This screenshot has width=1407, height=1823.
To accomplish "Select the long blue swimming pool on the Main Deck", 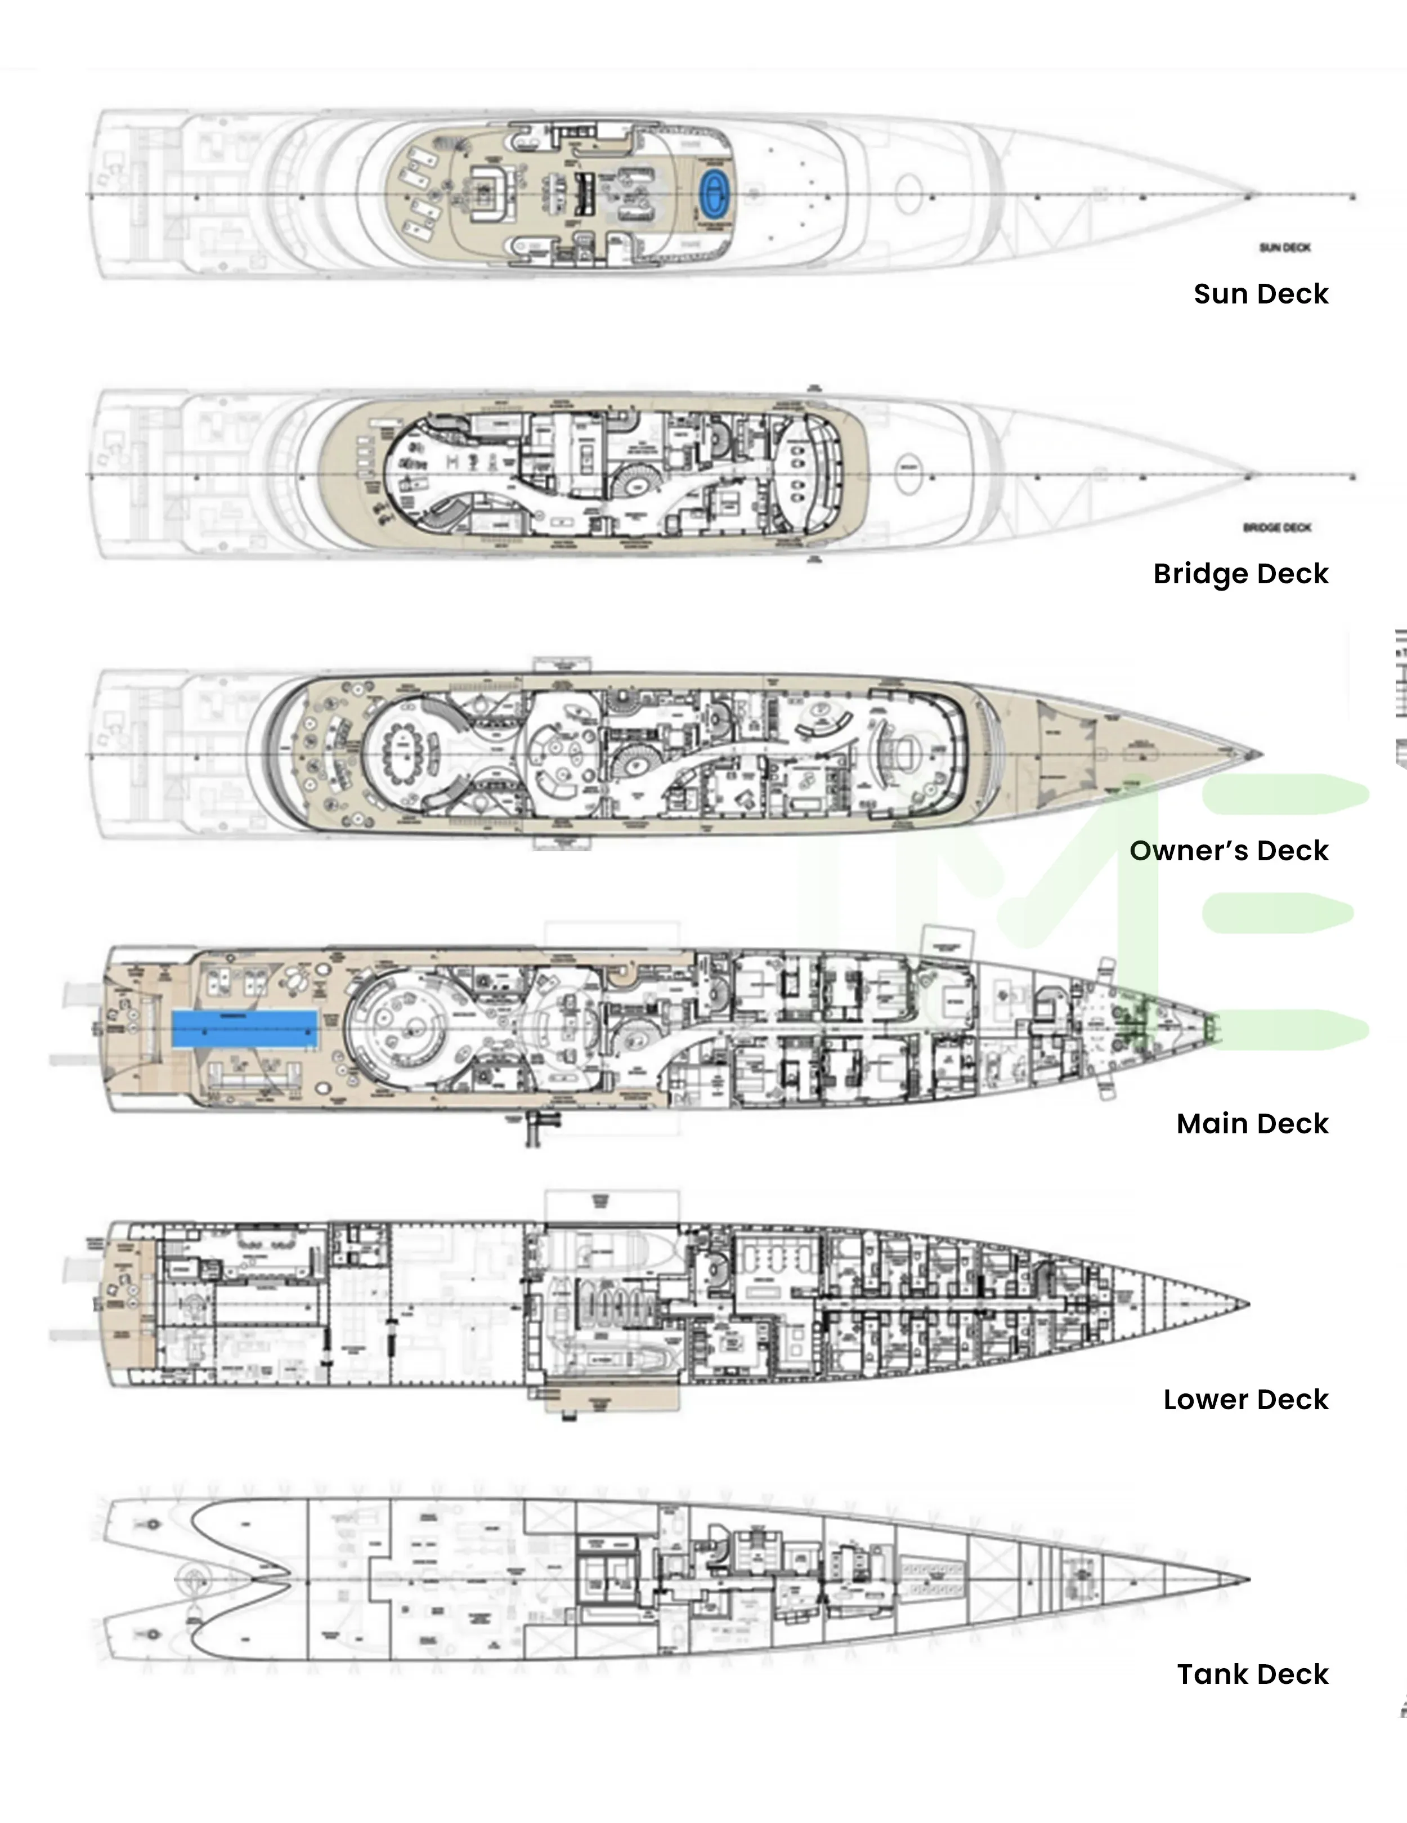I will point(244,1029).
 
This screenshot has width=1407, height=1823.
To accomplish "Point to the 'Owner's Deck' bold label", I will point(1229,851).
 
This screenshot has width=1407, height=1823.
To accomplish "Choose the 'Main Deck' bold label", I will point(1252,1124).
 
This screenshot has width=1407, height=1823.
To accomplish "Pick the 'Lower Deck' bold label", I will point(1245,1399).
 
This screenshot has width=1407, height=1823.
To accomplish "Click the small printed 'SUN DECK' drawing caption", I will point(1284,247).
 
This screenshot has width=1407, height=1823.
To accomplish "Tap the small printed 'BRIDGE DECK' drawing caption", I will point(1277,528).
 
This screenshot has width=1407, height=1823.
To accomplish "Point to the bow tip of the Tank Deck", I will point(1248,1579).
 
